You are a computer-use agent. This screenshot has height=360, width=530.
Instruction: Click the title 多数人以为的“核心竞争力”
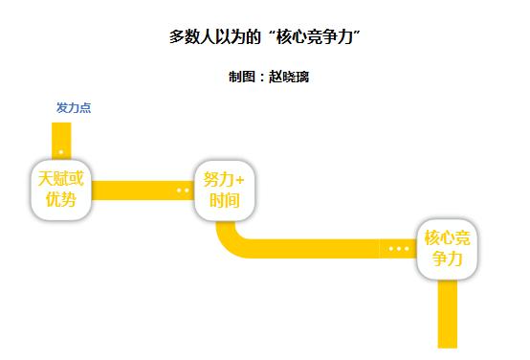click(x=265, y=36)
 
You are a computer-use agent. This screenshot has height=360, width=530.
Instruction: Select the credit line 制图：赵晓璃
click(x=269, y=77)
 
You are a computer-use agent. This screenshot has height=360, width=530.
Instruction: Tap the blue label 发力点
click(x=74, y=108)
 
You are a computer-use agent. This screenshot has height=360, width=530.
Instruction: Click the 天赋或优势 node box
click(x=61, y=190)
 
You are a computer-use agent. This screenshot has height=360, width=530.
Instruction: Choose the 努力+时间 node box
click(x=225, y=191)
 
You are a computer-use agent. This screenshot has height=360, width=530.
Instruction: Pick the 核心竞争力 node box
click(x=447, y=249)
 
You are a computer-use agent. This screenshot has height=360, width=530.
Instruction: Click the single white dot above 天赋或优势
click(x=61, y=152)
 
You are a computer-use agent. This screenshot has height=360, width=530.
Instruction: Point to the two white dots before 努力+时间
click(x=183, y=191)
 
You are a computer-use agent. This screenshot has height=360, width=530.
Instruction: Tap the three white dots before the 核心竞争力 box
click(x=399, y=249)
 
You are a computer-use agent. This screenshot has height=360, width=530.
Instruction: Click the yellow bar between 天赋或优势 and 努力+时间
click(x=143, y=191)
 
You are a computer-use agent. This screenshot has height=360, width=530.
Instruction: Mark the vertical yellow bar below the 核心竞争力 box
click(x=447, y=314)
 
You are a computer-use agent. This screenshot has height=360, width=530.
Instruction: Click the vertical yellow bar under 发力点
click(x=61, y=141)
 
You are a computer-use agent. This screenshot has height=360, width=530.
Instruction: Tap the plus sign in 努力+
click(x=240, y=180)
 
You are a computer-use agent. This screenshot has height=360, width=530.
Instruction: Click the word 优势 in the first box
click(x=61, y=199)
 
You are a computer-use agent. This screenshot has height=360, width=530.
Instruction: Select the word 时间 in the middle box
click(x=225, y=200)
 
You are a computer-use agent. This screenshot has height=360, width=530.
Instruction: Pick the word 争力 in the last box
click(x=447, y=259)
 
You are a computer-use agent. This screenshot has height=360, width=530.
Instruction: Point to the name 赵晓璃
click(x=289, y=77)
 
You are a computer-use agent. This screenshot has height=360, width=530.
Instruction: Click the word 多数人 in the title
click(x=192, y=37)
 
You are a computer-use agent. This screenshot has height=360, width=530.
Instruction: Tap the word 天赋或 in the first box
click(x=61, y=179)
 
